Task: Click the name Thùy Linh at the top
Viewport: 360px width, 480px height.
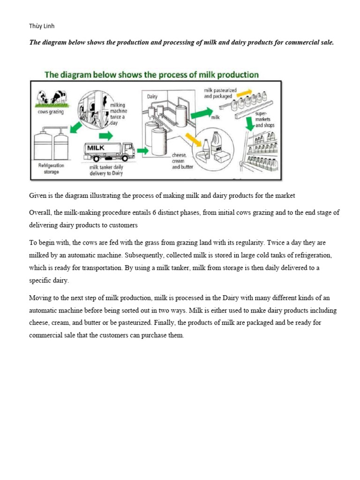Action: tap(42, 26)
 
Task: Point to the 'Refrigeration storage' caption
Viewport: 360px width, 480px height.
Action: tap(51, 169)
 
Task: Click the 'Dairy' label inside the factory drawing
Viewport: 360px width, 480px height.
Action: tap(152, 96)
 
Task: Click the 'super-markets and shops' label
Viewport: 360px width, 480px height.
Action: tap(265, 120)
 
